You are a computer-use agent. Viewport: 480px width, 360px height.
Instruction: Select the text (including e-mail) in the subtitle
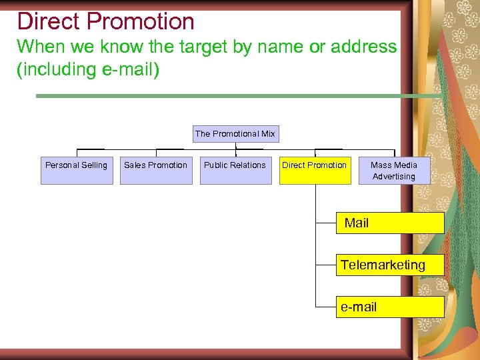click(88, 69)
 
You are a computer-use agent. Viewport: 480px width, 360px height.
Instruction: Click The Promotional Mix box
click(235, 134)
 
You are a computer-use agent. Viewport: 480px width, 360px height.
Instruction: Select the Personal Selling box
click(77, 171)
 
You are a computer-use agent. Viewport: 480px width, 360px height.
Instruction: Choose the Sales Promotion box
click(156, 171)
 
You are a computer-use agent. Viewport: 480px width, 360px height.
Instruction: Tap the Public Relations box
click(235, 171)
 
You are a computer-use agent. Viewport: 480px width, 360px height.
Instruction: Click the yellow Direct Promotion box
click(315, 171)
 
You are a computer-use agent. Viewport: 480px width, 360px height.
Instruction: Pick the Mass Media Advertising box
click(394, 171)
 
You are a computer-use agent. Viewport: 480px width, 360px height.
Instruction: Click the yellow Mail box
click(389, 223)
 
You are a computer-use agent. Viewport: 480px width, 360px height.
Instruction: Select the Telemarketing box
click(389, 265)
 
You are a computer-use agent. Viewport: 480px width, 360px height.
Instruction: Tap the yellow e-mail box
click(389, 307)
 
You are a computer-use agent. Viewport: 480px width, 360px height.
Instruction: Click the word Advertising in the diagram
click(394, 177)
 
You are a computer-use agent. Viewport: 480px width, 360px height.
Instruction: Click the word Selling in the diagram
click(93, 165)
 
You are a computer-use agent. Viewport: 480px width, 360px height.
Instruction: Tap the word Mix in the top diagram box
click(268, 134)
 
